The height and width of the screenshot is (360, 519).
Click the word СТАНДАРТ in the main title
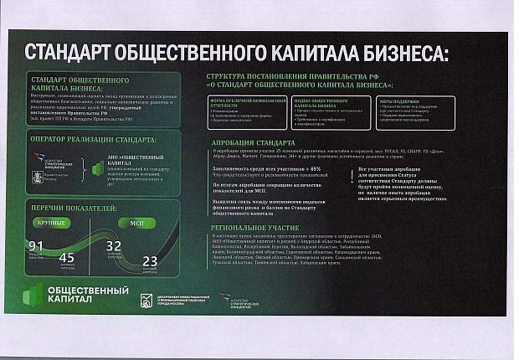tap(75, 54)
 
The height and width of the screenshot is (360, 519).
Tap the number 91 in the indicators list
tap(35, 245)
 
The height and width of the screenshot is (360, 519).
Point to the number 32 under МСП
tap(114, 245)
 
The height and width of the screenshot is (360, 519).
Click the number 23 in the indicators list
tap(150, 260)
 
